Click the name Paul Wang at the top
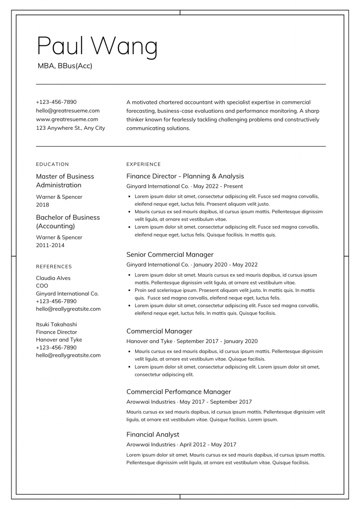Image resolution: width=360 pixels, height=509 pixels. (x=97, y=47)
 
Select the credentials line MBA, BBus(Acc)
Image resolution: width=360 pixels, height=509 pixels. (x=65, y=66)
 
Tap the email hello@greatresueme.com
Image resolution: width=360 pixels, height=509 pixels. (x=68, y=110)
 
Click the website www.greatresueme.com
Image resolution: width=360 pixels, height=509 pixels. (x=67, y=119)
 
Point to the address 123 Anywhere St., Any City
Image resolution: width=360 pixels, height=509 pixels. (x=71, y=128)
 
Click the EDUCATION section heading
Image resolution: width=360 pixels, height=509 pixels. (x=52, y=164)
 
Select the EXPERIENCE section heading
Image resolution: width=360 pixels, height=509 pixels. (x=144, y=164)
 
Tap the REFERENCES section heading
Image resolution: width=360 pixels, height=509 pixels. (x=54, y=266)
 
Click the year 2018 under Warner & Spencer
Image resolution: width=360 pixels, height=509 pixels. (x=43, y=205)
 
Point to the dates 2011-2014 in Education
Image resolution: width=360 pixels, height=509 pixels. (x=50, y=245)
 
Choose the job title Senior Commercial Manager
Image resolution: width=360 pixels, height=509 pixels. (x=170, y=254)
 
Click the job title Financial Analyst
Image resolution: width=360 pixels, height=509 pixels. (x=153, y=434)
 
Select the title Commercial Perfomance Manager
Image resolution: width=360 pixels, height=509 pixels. (x=179, y=392)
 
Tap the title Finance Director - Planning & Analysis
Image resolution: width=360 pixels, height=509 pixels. (x=185, y=176)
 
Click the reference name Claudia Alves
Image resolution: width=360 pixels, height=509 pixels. (x=53, y=278)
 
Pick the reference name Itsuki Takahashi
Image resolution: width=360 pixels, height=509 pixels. (x=56, y=324)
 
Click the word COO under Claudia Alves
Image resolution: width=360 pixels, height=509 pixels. (x=42, y=286)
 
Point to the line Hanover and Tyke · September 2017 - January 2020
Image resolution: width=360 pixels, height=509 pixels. (x=192, y=341)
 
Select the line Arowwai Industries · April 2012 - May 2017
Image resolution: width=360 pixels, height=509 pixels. (x=181, y=444)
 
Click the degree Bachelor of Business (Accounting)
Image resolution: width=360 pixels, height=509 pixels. (x=68, y=222)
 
